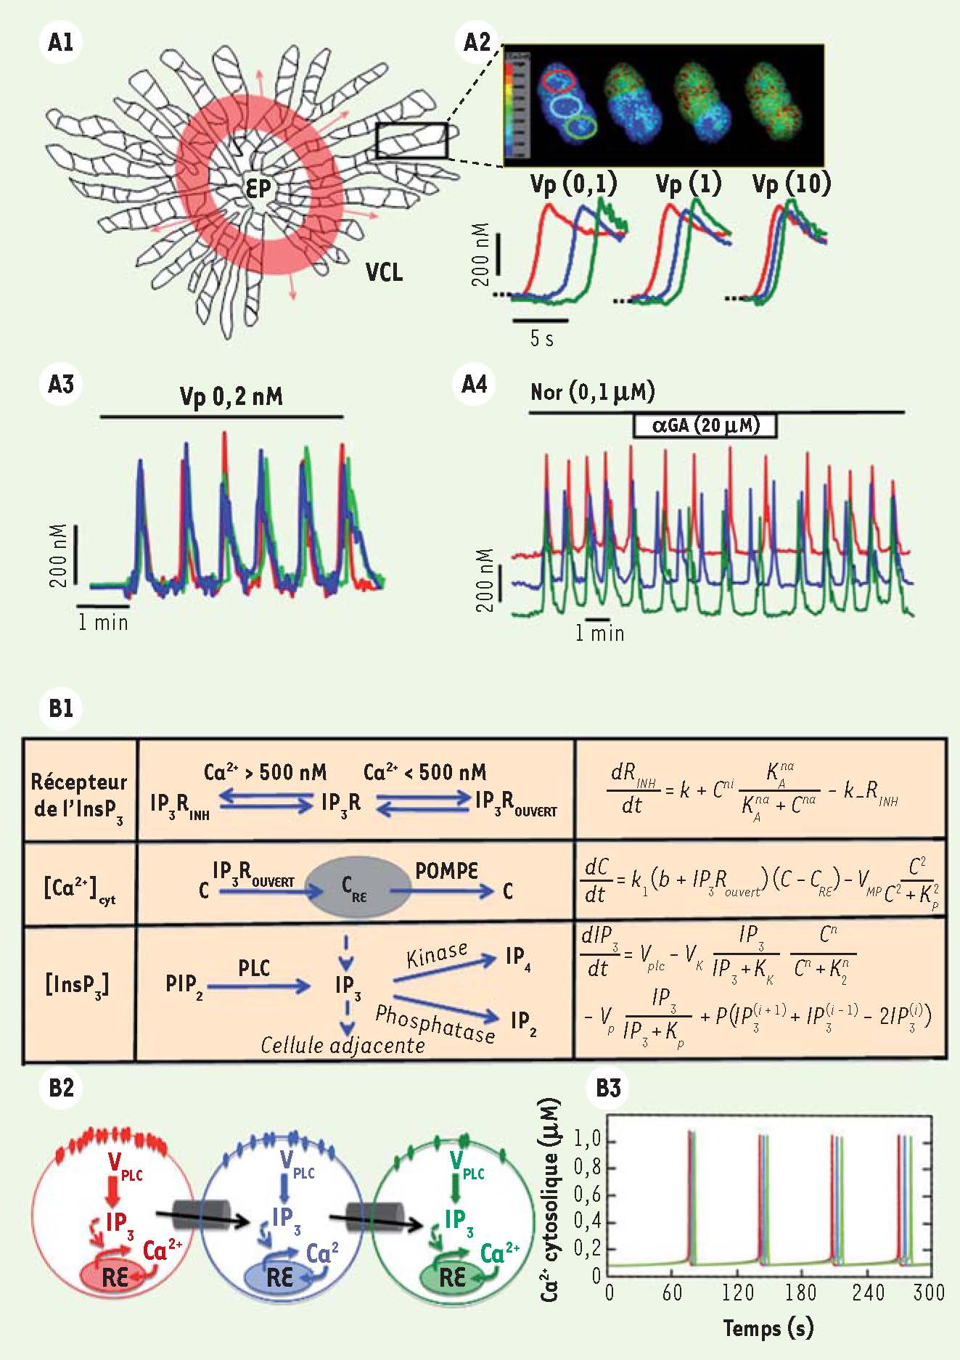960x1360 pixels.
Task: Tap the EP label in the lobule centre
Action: click(258, 189)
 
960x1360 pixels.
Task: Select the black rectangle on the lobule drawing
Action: click(411, 141)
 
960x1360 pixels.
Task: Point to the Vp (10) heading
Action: click(791, 184)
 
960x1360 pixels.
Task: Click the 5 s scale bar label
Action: click(541, 337)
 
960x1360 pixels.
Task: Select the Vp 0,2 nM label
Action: click(231, 396)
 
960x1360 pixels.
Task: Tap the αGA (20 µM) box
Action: click(705, 425)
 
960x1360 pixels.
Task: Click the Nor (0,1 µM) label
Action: click(592, 392)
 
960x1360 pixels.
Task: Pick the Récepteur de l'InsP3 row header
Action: click(78, 795)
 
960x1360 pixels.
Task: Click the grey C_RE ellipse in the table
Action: click(358, 890)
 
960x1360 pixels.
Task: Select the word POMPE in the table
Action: click(446, 870)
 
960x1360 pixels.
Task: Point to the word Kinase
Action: click(437, 955)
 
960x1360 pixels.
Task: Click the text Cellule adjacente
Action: click(342, 1045)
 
